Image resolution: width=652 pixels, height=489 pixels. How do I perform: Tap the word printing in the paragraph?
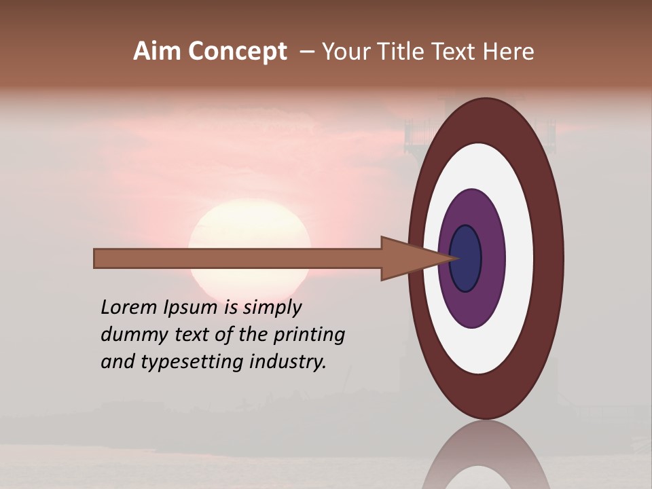(x=308, y=336)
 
